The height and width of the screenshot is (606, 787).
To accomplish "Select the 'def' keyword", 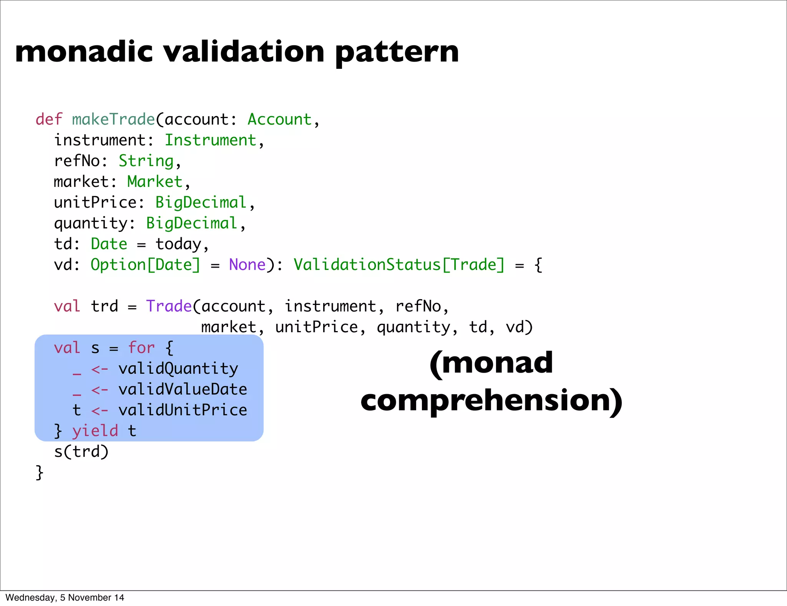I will tap(49, 119).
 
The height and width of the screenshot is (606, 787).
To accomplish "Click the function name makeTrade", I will tap(113, 119).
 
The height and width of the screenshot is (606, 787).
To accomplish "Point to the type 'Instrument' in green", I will tap(210, 140).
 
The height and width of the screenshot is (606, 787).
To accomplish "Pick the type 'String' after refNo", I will tap(146, 161).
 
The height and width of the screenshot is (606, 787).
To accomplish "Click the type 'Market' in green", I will tap(155, 181).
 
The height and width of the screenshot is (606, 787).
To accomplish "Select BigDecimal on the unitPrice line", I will tap(201, 202).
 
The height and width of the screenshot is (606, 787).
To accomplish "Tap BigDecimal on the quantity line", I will tap(191, 223).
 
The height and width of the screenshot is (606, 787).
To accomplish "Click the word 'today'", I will tap(178, 244).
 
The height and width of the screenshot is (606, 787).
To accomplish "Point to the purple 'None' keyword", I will tap(247, 265).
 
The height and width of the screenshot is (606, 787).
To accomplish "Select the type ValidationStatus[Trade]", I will tap(398, 265).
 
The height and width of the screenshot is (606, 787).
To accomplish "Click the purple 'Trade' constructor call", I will tap(169, 306).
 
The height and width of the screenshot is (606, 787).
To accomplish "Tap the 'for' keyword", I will tap(141, 348).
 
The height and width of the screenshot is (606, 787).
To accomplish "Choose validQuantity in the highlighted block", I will tap(178, 368).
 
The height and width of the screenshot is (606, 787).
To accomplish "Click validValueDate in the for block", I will tap(183, 389).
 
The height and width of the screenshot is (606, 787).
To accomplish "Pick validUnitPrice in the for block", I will tap(183, 410).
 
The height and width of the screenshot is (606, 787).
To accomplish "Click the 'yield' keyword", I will tap(95, 431).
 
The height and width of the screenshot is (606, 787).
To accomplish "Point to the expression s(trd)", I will tap(81, 451).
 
